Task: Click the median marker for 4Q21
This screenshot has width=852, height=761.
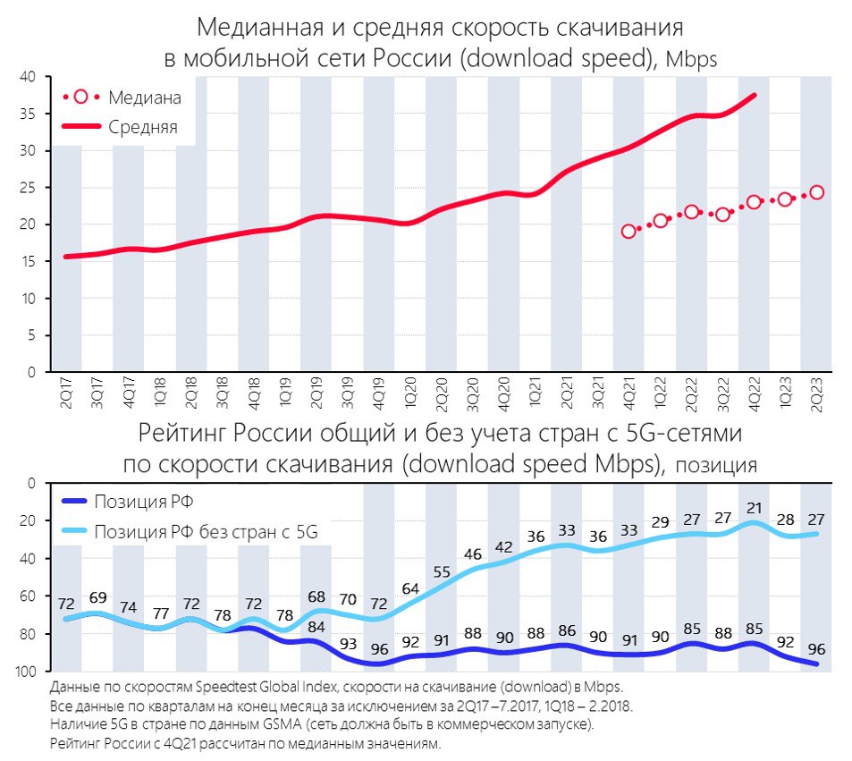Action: tap(628, 231)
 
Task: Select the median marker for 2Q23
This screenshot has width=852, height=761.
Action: tap(816, 192)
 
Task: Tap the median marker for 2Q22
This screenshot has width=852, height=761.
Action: tap(691, 212)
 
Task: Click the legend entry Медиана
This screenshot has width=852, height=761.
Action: tap(144, 97)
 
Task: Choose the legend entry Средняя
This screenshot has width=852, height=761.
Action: tap(142, 127)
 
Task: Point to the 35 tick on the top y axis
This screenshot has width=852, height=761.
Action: tap(29, 114)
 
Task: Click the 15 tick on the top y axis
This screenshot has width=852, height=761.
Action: tap(29, 261)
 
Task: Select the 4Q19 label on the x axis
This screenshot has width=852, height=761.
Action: tap(378, 395)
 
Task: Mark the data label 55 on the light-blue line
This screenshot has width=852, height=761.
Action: tap(442, 572)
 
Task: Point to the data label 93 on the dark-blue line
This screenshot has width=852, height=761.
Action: tap(348, 644)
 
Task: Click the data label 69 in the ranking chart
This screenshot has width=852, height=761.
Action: tap(97, 596)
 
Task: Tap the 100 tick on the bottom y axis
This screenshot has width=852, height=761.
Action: tap(26, 671)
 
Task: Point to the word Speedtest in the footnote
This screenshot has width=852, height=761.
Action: tap(236, 686)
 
